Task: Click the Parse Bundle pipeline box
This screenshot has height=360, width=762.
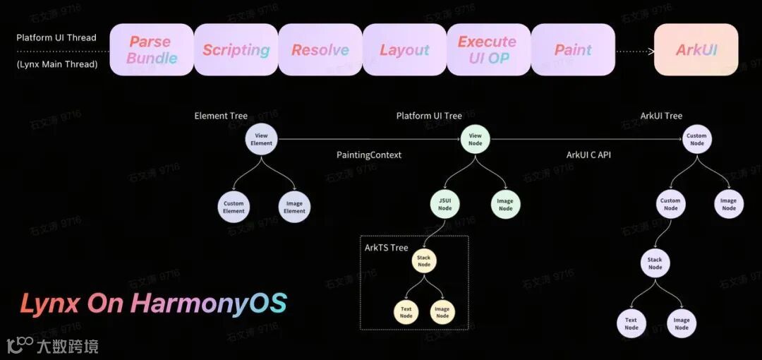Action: point(152,50)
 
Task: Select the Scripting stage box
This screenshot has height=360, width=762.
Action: point(236,50)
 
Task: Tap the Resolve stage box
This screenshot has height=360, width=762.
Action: point(320,50)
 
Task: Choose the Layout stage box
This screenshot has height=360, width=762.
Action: point(404,50)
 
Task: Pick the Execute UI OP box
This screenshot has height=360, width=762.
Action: point(488,50)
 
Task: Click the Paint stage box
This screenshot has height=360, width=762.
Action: point(572,50)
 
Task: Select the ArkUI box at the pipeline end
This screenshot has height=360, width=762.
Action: point(696,50)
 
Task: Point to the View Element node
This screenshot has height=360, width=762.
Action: point(261,139)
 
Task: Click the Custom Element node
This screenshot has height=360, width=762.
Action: point(234,207)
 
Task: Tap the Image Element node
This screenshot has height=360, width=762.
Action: point(294,207)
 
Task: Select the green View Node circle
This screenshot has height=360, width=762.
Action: point(475,139)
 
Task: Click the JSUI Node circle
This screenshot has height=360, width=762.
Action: point(445,204)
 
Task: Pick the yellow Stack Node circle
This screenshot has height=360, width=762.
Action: point(423,261)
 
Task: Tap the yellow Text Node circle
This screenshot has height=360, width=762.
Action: point(406,312)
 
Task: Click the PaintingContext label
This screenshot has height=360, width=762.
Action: point(369,155)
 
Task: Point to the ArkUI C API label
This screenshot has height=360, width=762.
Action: point(588,155)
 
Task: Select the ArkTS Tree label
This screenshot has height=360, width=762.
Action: point(386,247)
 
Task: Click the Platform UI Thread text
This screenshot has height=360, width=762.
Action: point(56,37)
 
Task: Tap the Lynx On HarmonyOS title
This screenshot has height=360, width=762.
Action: point(153,304)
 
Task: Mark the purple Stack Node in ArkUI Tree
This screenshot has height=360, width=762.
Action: point(655,263)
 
